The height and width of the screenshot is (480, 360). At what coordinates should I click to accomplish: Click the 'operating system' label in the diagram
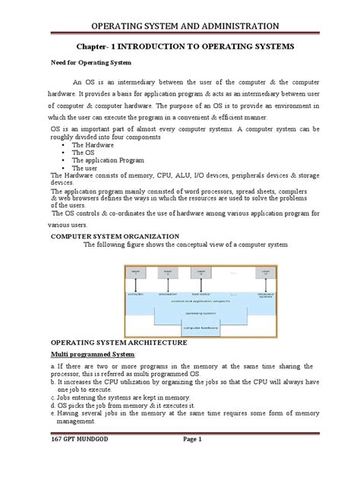(180, 311)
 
